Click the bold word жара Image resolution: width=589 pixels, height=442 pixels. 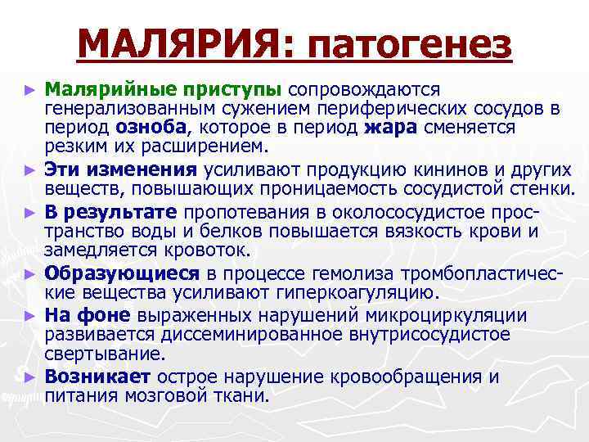pyautogui.click(x=389, y=128)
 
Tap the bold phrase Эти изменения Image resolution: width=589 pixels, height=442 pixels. pyautogui.click(x=120, y=170)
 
